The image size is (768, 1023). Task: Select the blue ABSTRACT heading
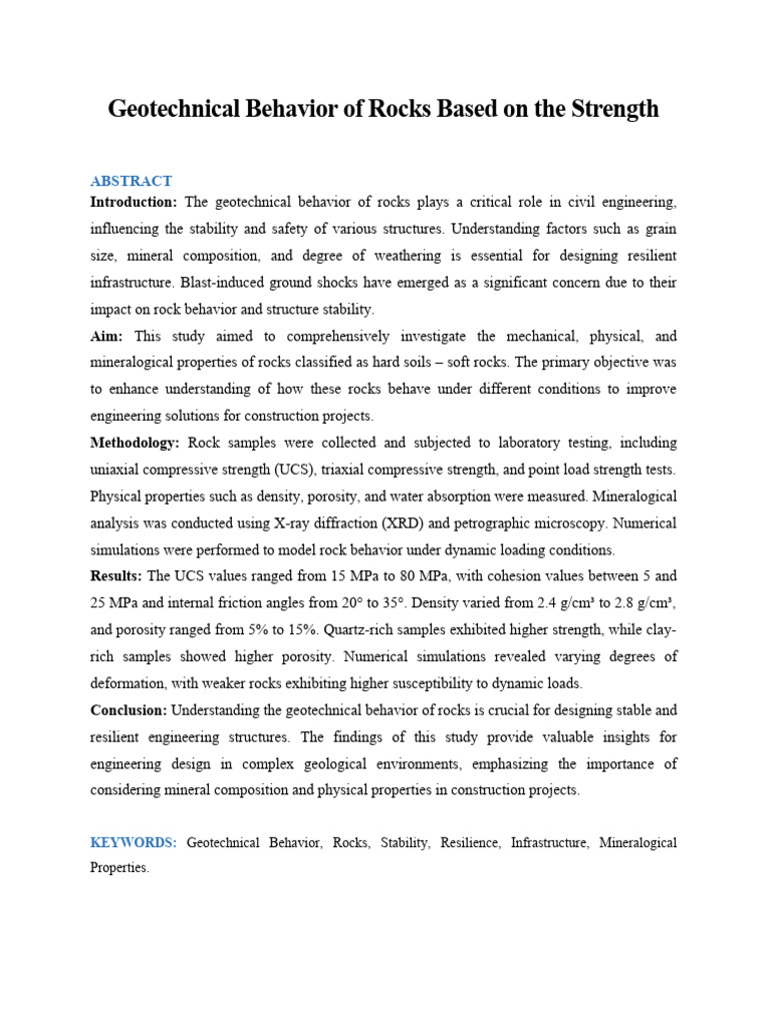coord(131,181)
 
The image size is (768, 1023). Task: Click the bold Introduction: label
coord(133,203)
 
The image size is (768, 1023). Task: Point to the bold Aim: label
coord(107,337)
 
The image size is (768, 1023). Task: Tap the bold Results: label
coord(116,576)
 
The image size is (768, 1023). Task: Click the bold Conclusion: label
coord(129,710)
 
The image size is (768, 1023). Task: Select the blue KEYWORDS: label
coord(133,843)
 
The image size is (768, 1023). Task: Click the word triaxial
coord(351,470)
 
